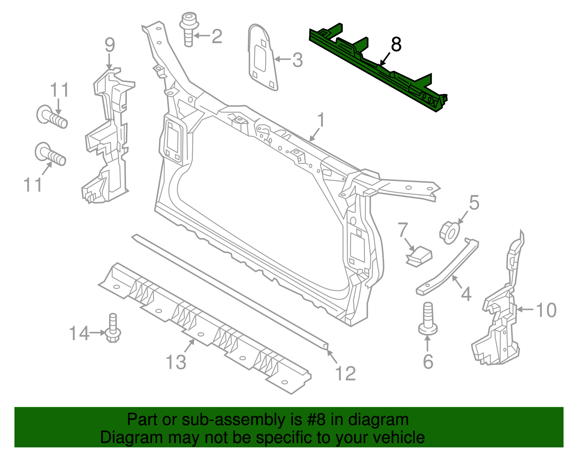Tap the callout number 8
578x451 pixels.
tap(396, 45)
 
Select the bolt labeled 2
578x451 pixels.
tap(189, 30)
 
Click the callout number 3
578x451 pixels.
tap(297, 60)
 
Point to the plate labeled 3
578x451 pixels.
tap(262, 57)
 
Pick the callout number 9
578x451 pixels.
tap(109, 45)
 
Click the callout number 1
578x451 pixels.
tap(321, 120)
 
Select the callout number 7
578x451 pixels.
tap(403, 230)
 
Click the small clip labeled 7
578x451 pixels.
tap(419, 256)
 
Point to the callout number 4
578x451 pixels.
tap(466, 294)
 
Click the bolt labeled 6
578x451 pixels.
tap(428, 318)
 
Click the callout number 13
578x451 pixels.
tap(176, 362)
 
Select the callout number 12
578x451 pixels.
tap(346, 373)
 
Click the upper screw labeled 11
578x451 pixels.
tap(52, 117)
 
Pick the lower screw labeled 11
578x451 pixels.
tap(51, 154)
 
